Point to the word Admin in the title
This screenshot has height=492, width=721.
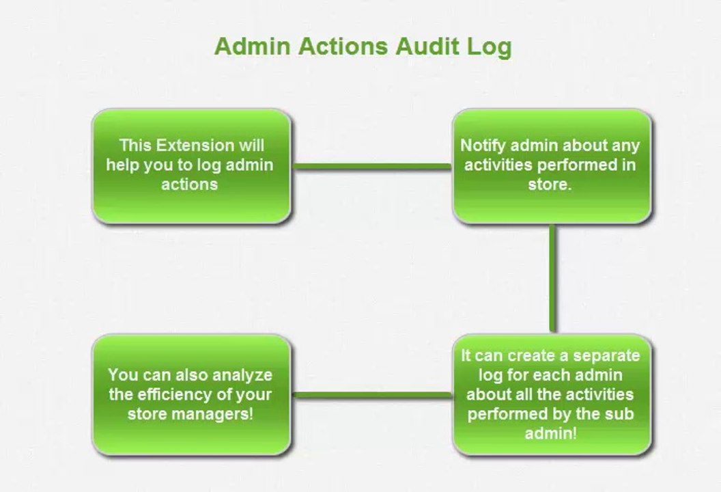tap(251, 46)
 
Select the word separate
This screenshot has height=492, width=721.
tap(606, 356)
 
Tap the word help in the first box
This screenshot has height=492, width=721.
tap(124, 165)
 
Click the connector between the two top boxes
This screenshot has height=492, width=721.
tap(372, 166)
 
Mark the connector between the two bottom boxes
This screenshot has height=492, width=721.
tap(372, 394)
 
